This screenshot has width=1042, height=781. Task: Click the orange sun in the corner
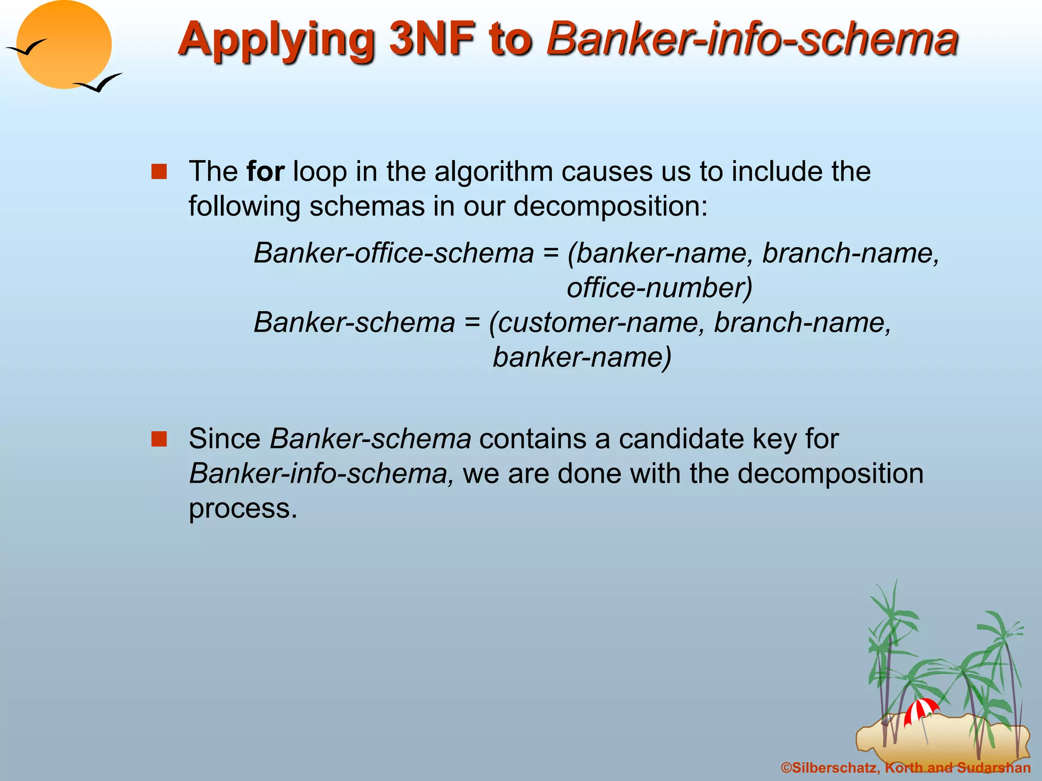pyautogui.click(x=64, y=45)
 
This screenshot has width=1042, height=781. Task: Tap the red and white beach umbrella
pyautogui.click(x=921, y=710)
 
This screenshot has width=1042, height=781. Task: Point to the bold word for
pyautogui.click(x=265, y=171)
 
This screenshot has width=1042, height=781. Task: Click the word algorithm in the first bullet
pyautogui.click(x=494, y=171)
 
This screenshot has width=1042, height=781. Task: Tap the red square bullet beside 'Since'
pyautogui.click(x=159, y=439)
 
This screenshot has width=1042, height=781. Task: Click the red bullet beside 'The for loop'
pyautogui.click(x=159, y=172)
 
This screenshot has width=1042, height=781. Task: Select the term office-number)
pyautogui.click(x=659, y=288)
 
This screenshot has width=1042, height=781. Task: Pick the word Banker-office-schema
pyautogui.click(x=394, y=253)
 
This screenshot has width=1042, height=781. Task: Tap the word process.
pyautogui.click(x=243, y=508)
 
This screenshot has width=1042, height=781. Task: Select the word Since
pyautogui.click(x=224, y=439)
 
